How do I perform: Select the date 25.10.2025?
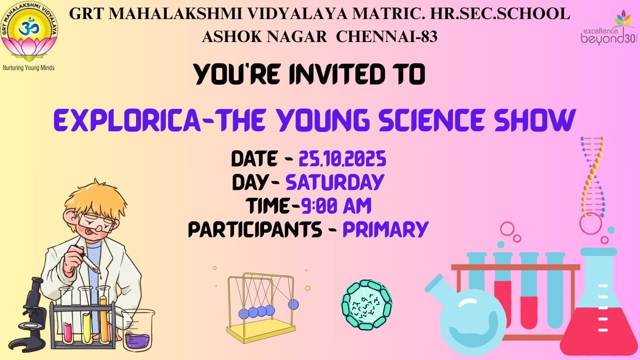(x=342, y=159)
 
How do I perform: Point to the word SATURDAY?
(x=335, y=182)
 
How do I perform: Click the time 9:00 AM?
(x=336, y=206)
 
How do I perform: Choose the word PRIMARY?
(x=386, y=229)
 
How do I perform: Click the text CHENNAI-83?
(x=386, y=37)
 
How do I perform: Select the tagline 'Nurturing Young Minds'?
(x=28, y=68)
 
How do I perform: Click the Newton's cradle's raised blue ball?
(x=293, y=304)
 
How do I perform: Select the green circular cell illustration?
(x=366, y=305)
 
